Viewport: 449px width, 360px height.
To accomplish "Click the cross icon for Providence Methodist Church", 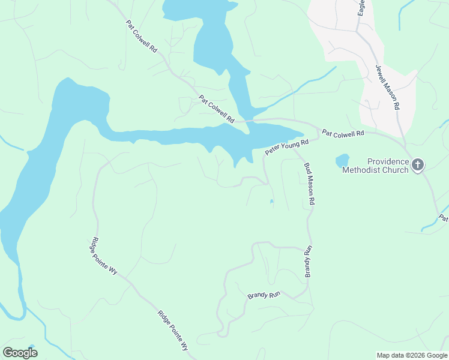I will [418, 165].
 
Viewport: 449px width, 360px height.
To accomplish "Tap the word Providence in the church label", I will [387, 161].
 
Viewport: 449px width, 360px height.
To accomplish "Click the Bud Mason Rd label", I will [309, 185].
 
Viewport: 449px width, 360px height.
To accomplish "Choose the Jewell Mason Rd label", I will [387, 87].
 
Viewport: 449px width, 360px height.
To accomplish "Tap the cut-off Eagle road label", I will [361, 7].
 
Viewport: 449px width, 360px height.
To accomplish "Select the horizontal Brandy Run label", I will [264, 296].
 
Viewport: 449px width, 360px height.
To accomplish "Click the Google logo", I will [20, 353].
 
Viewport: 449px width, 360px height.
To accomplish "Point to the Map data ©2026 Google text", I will [411, 355].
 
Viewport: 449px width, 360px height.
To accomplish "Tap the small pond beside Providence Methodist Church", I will [342, 161].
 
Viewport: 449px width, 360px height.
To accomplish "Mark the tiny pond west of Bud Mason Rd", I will [272, 202].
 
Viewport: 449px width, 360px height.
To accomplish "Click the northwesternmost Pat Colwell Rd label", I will [142, 37].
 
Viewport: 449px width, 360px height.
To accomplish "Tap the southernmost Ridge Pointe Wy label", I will [173, 331].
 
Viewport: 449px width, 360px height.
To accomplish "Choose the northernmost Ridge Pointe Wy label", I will [105, 254].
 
